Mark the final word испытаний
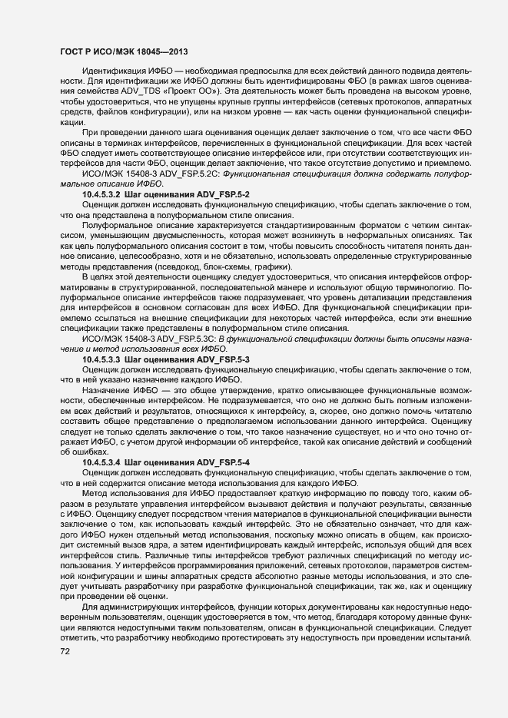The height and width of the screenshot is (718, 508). coord(449,639)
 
